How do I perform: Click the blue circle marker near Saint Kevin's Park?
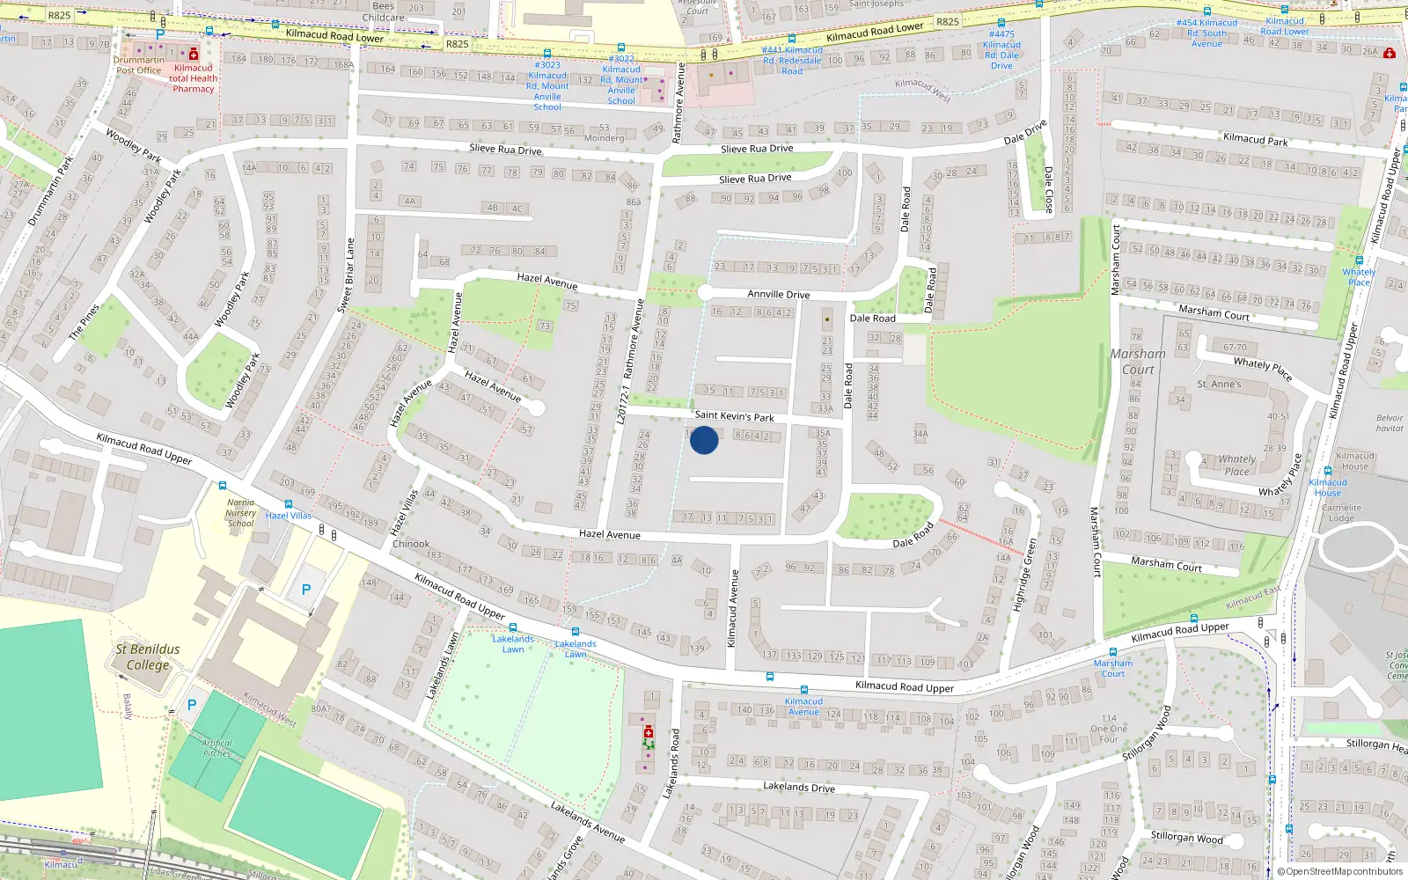pos(704,440)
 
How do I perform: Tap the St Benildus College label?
pos(148,657)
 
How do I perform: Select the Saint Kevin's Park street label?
pos(734,415)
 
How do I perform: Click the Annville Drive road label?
pos(778,294)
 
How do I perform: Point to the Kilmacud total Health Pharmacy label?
pos(194,78)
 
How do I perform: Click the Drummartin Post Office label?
pos(138,65)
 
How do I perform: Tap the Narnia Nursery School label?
pos(240,513)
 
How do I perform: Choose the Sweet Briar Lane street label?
pos(346,275)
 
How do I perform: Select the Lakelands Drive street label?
pos(798,787)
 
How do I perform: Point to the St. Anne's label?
pos(1219,384)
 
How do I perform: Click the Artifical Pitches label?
pos(216,748)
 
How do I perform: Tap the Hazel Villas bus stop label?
pos(289,516)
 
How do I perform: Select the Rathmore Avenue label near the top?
pos(678,103)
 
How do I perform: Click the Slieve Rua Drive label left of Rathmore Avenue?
pos(505,150)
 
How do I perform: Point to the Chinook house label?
pos(411,544)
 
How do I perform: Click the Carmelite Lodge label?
pos(1341,513)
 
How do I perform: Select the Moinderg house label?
pos(604,138)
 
